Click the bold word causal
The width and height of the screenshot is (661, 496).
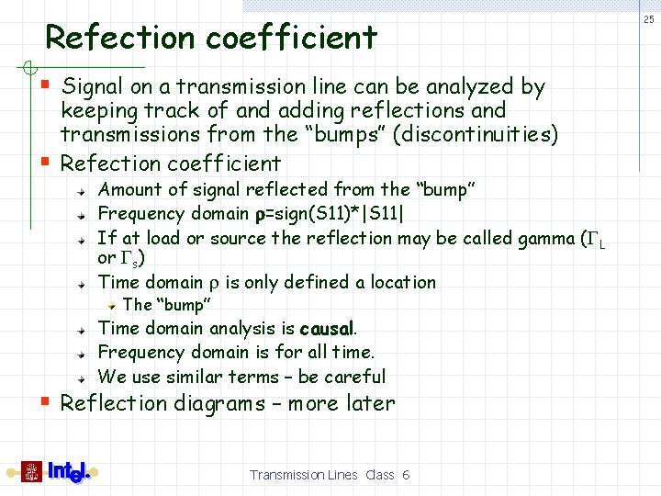(326, 329)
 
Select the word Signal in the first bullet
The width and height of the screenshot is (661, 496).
(92, 87)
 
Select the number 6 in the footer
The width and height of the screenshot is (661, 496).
(406, 475)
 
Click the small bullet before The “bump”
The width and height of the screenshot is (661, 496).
(111, 304)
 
